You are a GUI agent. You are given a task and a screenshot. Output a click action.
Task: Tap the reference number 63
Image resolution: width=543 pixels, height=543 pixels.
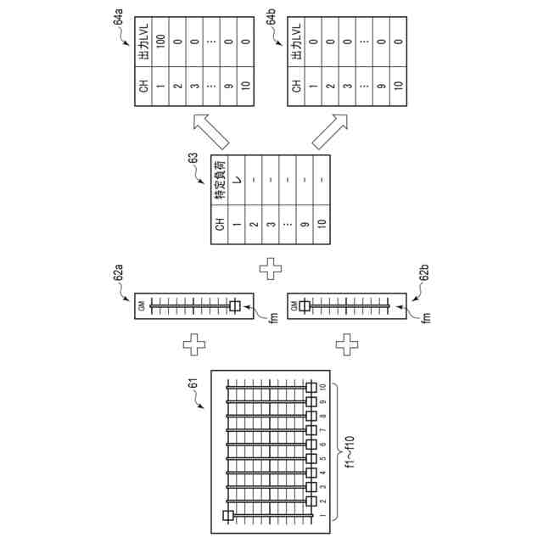coord(193,158)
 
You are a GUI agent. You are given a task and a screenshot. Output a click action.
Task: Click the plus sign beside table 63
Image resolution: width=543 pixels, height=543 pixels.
coord(271,270)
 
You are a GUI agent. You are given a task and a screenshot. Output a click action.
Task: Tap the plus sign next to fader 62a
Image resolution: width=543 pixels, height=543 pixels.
coord(195,345)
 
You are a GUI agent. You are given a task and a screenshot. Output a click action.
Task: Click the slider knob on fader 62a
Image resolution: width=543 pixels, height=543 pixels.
coord(234,306)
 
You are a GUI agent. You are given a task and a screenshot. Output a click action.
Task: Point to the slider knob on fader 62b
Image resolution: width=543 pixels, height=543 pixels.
coord(301,306)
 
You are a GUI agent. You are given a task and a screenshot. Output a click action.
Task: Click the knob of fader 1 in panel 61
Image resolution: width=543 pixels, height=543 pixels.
coord(227,515)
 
